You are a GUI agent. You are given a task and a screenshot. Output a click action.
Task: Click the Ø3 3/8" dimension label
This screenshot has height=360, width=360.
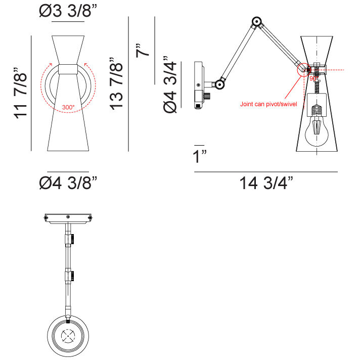(68, 11)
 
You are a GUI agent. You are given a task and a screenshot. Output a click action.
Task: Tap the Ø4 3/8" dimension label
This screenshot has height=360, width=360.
(68, 183)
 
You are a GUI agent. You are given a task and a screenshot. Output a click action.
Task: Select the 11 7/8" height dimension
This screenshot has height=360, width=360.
(21, 93)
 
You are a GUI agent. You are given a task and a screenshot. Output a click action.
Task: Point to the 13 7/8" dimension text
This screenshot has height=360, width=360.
(116, 83)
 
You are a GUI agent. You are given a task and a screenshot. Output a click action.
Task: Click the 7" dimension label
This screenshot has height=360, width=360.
(143, 50)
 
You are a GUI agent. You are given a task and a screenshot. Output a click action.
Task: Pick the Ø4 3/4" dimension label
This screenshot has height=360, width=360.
(170, 84)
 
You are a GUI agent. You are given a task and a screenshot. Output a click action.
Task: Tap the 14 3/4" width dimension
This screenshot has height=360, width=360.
(266, 183)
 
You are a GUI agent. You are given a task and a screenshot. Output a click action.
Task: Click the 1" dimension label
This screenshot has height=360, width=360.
(200, 156)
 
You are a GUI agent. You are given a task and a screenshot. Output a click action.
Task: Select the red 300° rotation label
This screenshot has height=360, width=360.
(68, 107)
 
